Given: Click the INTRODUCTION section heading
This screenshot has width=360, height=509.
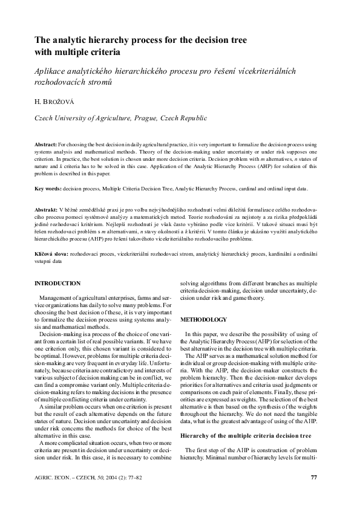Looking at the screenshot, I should tap(57, 284).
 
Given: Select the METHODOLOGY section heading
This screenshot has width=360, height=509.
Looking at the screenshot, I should tap(205, 319).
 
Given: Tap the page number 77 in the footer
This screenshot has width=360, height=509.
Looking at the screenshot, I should tap(313, 478).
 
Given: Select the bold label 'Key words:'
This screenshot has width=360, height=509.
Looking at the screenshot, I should tap(48, 189).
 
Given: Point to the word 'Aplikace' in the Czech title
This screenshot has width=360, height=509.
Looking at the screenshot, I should tap(51, 71).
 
